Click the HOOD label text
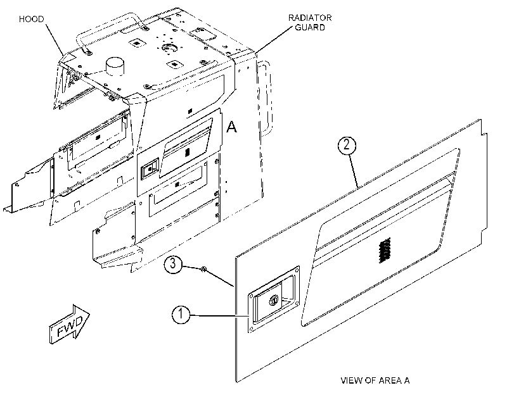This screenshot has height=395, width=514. (x=31, y=19)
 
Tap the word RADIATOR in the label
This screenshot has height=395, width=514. (x=310, y=18)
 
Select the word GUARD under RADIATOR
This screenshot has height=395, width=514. (x=310, y=27)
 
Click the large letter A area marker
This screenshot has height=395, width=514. (x=232, y=127)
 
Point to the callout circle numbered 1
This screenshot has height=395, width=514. (x=181, y=315)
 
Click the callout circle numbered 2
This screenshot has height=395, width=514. (x=347, y=145)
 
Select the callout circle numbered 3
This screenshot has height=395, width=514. (x=173, y=264)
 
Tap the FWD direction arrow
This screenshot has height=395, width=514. (x=70, y=324)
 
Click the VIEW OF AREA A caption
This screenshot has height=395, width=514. (x=375, y=380)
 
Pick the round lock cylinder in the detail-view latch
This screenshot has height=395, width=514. (x=274, y=299)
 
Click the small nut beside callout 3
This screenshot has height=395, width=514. (x=203, y=269)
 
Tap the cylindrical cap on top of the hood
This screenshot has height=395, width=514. (x=115, y=66)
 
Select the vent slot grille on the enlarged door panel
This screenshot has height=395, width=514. (x=385, y=250)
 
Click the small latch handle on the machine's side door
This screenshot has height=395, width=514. (x=150, y=168)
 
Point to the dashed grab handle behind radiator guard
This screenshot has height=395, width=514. (x=265, y=98)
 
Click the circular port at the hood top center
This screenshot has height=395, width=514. (x=169, y=47)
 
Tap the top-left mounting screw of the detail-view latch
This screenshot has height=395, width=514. (x=252, y=296)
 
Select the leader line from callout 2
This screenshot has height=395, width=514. (x=354, y=171)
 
